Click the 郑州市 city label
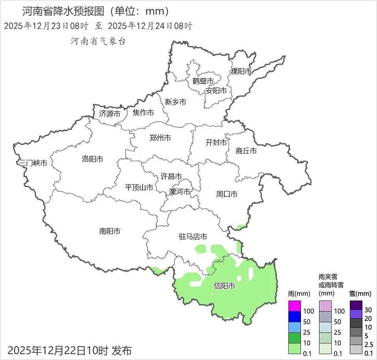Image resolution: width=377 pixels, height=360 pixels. (160, 138)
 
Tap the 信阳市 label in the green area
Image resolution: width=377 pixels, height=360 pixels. (224, 286)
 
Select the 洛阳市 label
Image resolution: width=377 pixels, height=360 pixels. (92, 159)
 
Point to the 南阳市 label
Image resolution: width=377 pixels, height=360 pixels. (110, 231)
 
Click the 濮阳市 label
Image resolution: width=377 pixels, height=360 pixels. (241, 72)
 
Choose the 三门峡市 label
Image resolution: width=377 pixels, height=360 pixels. (33, 163)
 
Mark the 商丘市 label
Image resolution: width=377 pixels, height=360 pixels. (246, 151)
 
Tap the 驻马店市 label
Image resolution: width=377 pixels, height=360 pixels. (193, 237)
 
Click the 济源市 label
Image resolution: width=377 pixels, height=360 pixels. (110, 114)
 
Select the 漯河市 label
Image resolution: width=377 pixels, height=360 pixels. (180, 192)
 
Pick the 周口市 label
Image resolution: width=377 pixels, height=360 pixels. (227, 194)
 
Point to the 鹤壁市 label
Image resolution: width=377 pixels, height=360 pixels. (203, 81)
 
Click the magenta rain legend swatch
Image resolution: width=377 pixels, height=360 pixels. (295, 306)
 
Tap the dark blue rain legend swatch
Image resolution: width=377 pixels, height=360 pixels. (295, 316)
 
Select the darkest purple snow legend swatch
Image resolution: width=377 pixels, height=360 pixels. (356, 305)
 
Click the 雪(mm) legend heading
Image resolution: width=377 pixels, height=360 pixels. (360, 294)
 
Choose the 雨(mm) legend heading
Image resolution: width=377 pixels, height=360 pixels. (299, 294)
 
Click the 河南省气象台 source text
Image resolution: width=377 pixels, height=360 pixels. (98, 41)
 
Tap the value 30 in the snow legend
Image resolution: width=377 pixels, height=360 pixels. (368, 309)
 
